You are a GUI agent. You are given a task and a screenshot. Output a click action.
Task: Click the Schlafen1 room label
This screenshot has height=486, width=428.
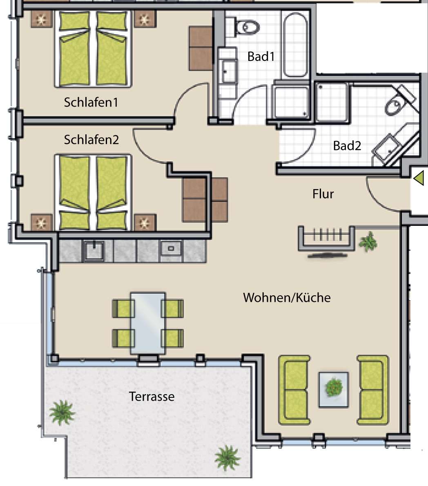click(x=91, y=102)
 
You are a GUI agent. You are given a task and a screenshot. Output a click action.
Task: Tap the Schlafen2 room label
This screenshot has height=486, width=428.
click(x=91, y=140)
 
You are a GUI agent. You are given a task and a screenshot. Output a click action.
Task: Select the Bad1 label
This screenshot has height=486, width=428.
click(x=261, y=56)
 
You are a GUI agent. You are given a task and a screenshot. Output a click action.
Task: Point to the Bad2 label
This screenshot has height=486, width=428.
click(x=347, y=146)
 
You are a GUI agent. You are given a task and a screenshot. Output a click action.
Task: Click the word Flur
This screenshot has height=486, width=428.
click(x=323, y=194)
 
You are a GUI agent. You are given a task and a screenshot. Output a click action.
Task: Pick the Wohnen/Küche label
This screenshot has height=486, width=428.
click(x=287, y=298)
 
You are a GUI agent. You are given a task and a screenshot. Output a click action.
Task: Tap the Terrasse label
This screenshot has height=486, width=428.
click(x=152, y=397)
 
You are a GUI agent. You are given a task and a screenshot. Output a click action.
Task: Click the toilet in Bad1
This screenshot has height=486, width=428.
click(x=246, y=27)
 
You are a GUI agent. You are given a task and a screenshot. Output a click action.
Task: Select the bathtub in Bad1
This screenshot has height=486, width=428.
click(x=295, y=45)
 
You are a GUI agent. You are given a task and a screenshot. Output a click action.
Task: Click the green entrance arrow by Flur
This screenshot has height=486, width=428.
click(x=419, y=178)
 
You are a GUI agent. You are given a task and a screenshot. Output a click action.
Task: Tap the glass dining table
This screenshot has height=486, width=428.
click(x=148, y=323)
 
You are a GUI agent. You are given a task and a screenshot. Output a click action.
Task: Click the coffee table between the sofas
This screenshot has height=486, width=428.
click(x=334, y=389)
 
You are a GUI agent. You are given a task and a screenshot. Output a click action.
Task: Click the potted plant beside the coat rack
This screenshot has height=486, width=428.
click(x=368, y=241)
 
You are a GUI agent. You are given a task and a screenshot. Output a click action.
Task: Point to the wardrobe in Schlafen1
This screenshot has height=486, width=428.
click(x=201, y=48)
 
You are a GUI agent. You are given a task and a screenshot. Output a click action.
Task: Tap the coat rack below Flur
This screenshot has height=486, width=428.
click(x=326, y=238)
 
